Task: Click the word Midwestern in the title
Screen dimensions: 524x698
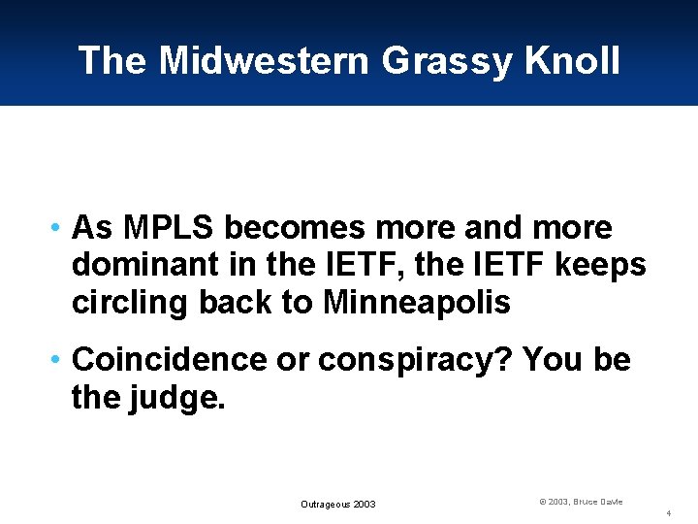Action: pyautogui.click(x=264, y=60)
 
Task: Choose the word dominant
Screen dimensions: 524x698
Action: pyautogui.click(x=133, y=265)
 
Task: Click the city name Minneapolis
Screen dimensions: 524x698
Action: pyautogui.click(x=417, y=302)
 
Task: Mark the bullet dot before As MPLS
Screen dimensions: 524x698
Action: pyautogui.click(x=59, y=229)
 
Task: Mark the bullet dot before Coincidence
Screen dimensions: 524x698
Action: pyautogui.click(x=59, y=361)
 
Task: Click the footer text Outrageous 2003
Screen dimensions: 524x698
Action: pyautogui.click(x=337, y=505)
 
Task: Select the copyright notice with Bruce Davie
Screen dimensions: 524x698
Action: pyautogui.click(x=581, y=502)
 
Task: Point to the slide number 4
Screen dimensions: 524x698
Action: pyautogui.click(x=669, y=512)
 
